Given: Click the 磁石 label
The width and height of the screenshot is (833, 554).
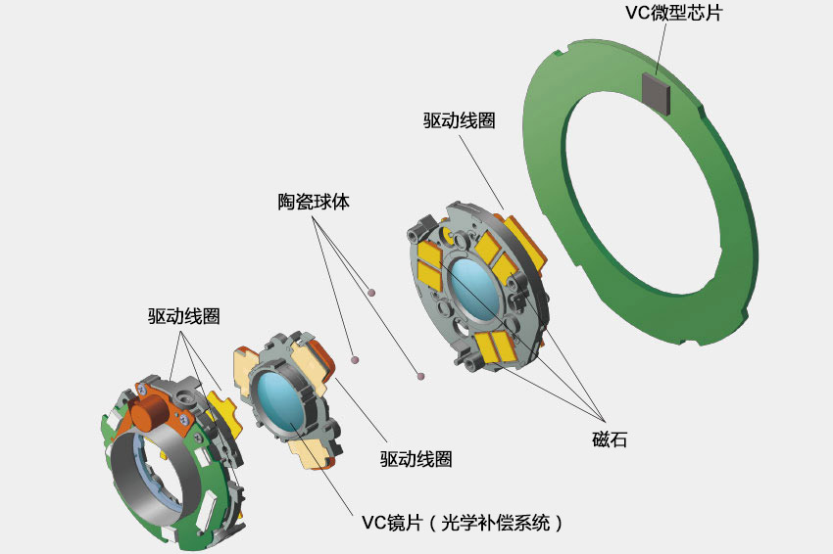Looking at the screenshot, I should (x=609, y=439).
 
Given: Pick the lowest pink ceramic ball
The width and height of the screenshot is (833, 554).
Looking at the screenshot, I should (x=420, y=374).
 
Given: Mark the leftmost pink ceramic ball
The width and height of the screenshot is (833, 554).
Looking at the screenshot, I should (x=355, y=357).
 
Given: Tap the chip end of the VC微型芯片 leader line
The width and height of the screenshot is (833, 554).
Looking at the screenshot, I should (x=658, y=78).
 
